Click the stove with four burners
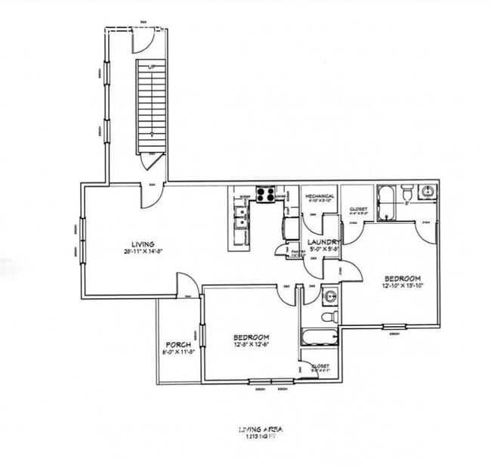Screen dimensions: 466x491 tap(265, 194)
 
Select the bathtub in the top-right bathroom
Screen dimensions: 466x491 tap(386, 203)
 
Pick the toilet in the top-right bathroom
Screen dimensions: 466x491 tap(406, 193)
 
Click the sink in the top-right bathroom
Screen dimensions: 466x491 tap(427, 193)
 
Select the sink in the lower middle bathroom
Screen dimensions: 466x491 tap(329, 294)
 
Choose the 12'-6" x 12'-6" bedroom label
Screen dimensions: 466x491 tap(252, 340)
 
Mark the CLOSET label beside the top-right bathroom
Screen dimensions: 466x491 tap(358, 211)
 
